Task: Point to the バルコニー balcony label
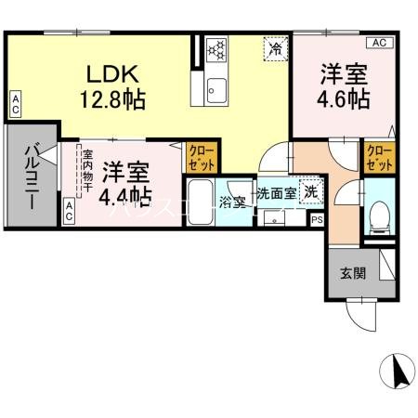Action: click(x=32, y=176)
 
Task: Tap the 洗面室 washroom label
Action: click(x=276, y=194)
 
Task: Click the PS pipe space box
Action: click(x=317, y=220)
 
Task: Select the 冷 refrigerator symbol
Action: click(x=276, y=47)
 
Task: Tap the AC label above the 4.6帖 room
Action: click(x=379, y=43)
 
